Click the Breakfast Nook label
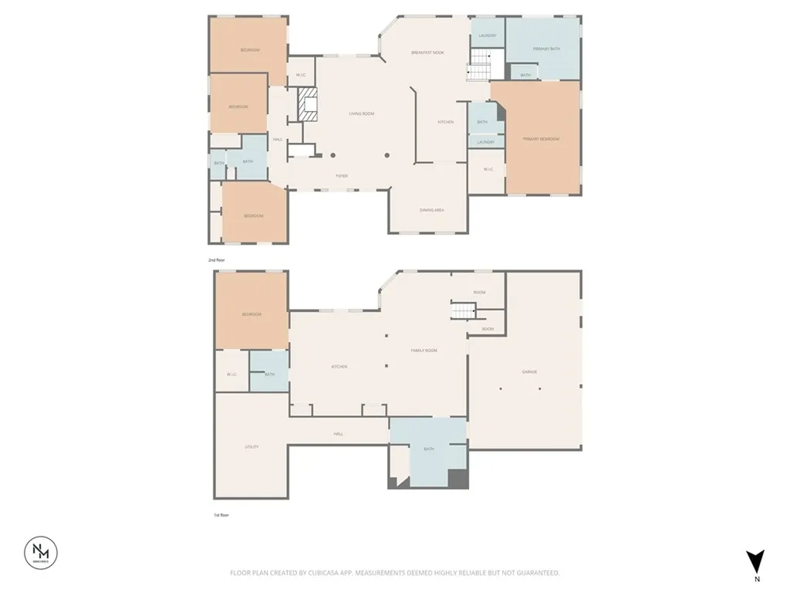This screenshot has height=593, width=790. (x=427, y=52)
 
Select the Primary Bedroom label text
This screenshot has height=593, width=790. (x=540, y=139)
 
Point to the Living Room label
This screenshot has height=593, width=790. (x=361, y=114)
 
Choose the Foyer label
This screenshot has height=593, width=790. (x=341, y=176)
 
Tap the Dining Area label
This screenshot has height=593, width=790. (x=431, y=210)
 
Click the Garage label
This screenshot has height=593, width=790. (x=529, y=371)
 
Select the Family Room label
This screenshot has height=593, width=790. (x=424, y=351)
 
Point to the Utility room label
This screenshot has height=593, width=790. (x=252, y=447)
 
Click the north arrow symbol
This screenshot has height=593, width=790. (x=756, y=561)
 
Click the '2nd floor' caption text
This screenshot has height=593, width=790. (x=218, y=261)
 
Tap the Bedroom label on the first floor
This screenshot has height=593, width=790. (x=252, y=314)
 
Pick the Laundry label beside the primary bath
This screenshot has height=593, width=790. (x=487, y=36)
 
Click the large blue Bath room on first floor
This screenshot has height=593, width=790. (x=429, y=451)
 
